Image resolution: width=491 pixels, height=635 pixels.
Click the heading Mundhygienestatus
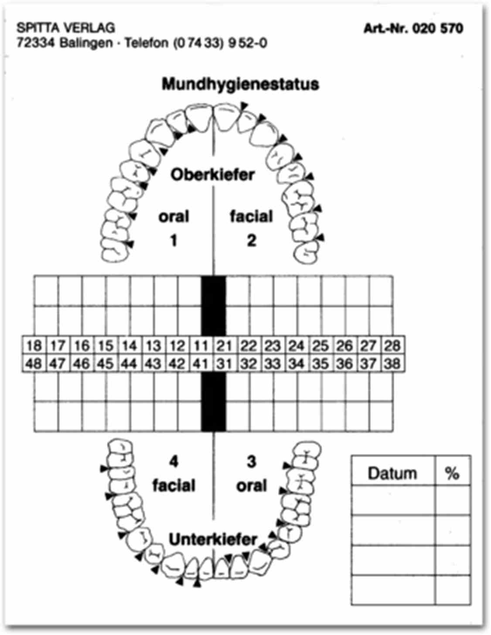(x=240, y=84)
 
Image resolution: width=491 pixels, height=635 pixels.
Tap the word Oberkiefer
(x=212, y=175)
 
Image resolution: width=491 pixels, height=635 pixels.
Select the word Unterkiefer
(x=213, y=539)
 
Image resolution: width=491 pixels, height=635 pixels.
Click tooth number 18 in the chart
(x=34, y=346)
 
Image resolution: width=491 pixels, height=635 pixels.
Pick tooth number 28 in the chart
(x=392, y=346)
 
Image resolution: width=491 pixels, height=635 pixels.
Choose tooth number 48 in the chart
(x=34, y=363)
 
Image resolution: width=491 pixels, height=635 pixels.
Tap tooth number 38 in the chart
(x=392, y=363)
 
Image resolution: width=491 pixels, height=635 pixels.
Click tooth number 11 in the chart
(x=200, y=346)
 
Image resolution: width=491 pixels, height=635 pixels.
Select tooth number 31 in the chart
(x=224, y=363)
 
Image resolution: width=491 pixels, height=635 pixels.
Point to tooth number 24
(x=296, y=346)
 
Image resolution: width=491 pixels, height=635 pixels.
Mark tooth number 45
(x=105, y=363)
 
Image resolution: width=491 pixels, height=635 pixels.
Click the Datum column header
(x=392, y=473)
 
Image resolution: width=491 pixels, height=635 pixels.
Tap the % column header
(x=452, y=473)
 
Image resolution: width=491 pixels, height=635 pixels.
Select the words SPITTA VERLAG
(x=66, y=28)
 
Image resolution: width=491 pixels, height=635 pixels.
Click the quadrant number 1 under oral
(x=174, y=240)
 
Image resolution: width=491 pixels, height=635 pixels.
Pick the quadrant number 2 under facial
(x=251, y=240)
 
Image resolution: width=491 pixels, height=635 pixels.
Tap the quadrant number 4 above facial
(x=174, y=461)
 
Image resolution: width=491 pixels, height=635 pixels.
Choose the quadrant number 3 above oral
(x=251, y=461)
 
